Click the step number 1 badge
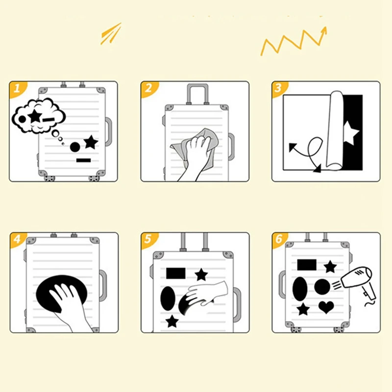point(17,88)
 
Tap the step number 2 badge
point(148,88)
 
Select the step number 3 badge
point(278,88)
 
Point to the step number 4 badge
point(17,239)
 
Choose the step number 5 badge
point(148,239)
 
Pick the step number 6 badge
point(279,239)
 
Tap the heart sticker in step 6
point(326,307)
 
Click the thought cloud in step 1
point(38,116)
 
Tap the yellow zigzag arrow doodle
point(294,41)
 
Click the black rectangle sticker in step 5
point(176,273)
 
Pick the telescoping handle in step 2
point(197,94)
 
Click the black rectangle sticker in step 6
point(307,265)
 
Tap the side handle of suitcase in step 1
point(108,131)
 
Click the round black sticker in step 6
point(322,287)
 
